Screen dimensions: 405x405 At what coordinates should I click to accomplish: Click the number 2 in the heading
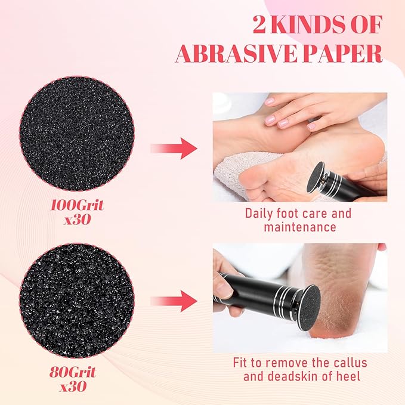259,25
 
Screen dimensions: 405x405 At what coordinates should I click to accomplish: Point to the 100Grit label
77,205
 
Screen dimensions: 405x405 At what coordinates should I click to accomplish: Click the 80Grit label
73,372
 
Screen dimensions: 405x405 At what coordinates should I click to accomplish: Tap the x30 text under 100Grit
78,219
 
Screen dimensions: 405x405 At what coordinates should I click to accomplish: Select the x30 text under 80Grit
73,387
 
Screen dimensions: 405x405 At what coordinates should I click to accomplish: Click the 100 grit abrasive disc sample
77,134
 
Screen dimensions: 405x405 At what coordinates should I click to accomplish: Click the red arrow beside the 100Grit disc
174,149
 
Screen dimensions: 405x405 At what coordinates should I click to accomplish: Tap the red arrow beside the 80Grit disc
174,301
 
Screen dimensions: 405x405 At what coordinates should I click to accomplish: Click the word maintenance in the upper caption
300,227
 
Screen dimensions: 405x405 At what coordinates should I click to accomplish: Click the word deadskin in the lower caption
290,376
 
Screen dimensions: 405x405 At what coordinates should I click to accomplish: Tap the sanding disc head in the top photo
316,177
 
